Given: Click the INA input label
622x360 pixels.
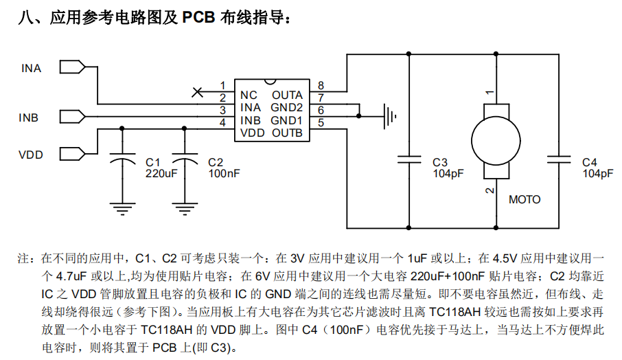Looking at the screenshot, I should [31, 68].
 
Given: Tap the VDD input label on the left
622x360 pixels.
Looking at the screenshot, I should [31, 155].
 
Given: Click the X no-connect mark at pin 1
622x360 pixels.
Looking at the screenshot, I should [197, 91].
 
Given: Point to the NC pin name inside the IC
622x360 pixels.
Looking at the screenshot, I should [249, 95].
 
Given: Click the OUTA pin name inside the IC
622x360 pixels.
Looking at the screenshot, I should [287, 95].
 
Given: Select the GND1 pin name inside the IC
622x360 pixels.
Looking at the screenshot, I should [287, 120].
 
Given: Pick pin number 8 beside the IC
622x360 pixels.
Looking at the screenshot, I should [321, 85].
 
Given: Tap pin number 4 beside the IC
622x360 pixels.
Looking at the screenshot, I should [222, 123].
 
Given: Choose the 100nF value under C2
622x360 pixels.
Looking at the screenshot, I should [224, 174].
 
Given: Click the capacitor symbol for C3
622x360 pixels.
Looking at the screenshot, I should [409, 160].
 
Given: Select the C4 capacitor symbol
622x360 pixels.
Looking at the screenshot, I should [560, 160].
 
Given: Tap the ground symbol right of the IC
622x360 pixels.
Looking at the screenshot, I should [389, 114].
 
